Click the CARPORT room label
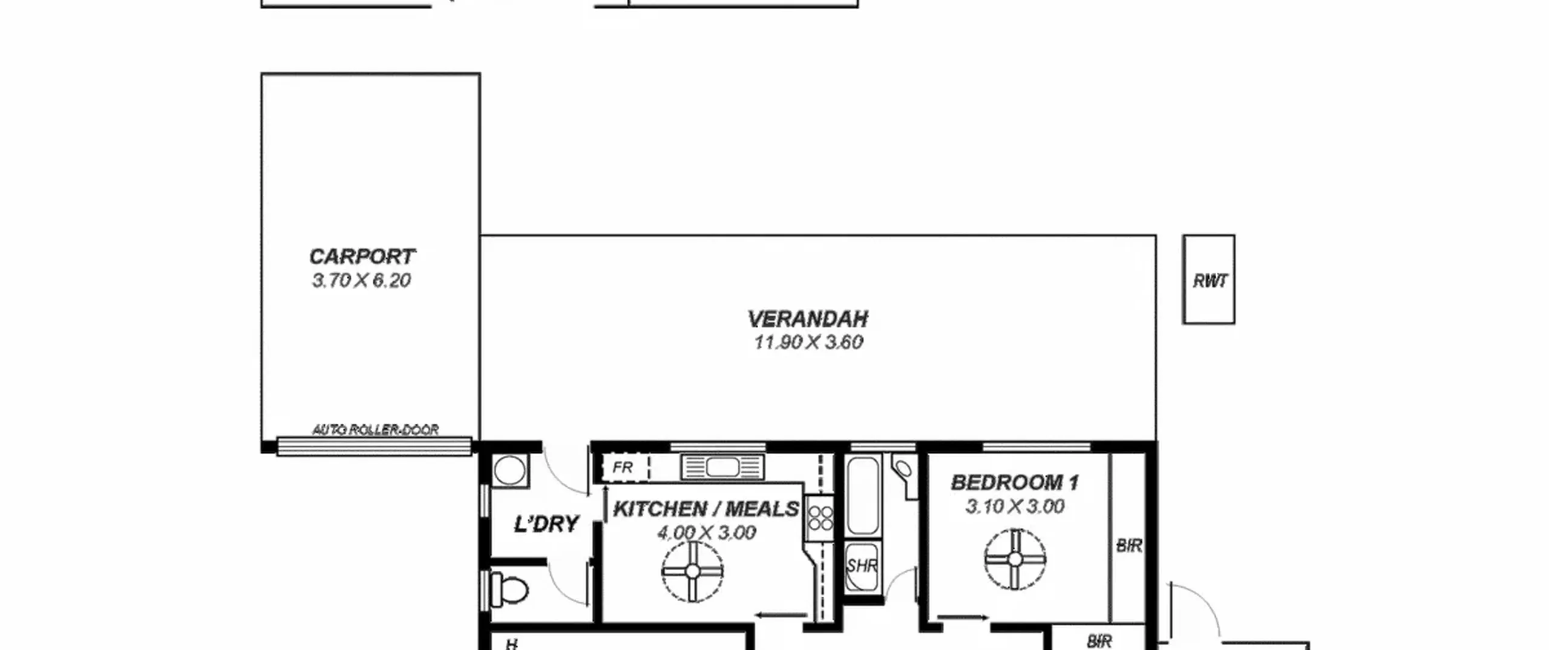tap(362, 256)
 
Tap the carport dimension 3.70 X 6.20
tap(361, 281)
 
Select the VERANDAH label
tap(808, 319)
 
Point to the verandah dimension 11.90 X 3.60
tap(808, 342)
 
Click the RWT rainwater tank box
tap(1209, 279)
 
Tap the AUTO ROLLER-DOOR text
tap(375, 430)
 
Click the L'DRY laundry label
tap(546, 524)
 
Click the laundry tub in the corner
tap(511, 470)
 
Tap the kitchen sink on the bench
tap(722, 467)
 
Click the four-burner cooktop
tap(820, 518)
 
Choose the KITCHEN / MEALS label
tap(706, 509)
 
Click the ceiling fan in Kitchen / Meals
tap(693, 571)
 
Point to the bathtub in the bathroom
tap(863, 496)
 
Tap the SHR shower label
tap(862, 567)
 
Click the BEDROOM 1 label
tap(1015, 483)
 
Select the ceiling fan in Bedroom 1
tap(1015, 559)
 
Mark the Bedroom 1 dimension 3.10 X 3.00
tap(1015, 506)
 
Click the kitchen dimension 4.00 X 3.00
tap(706, 533)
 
